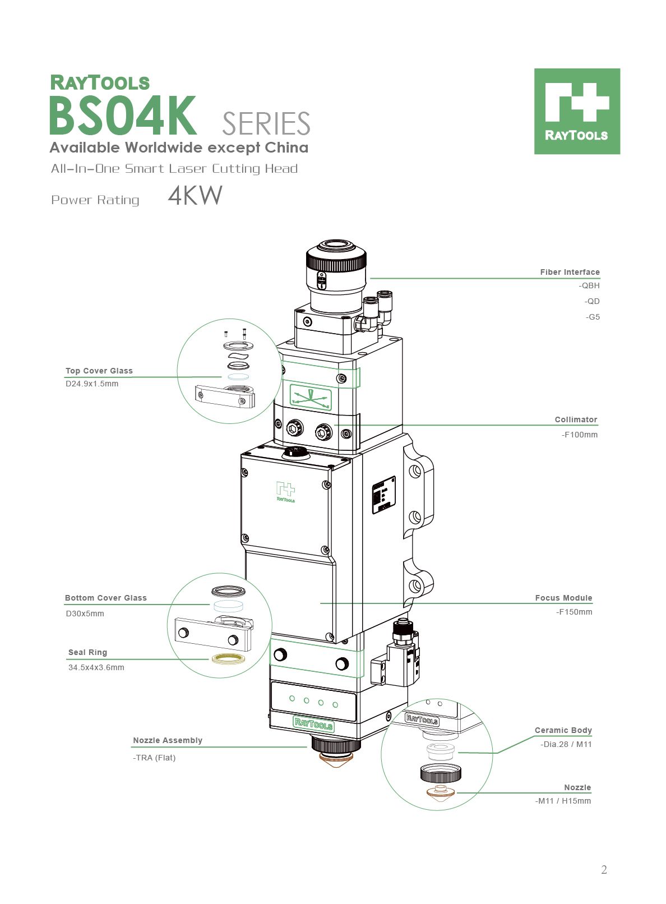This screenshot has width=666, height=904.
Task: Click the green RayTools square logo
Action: click(577, 111)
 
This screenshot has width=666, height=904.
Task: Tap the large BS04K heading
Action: click(123, 116)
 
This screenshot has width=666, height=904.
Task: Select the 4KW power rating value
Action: click(195, 196)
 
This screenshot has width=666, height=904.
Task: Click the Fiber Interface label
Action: click(570, 272)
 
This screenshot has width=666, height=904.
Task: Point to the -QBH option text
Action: click(589, 285)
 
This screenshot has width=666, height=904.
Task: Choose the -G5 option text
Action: click(593, 317)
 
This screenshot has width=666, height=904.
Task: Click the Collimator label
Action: click(576, 419)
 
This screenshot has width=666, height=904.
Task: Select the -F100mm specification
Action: click(580, 435)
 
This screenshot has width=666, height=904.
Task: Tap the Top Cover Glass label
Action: click(99, 371)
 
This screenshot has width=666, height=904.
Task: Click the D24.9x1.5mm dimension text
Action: click(92, 384)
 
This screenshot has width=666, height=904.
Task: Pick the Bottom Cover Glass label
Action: click(106, 598)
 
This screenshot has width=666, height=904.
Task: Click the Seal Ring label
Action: click(87, 652)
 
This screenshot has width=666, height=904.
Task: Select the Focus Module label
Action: click(563, 598)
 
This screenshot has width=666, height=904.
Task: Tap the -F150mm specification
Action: click(574, 612)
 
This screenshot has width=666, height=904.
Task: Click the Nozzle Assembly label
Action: click(168, 740)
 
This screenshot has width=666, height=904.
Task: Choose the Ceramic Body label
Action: click(563, 730)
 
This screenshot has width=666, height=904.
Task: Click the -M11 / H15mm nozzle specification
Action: click(563, 801)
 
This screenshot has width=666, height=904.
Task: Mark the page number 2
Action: click(604, 870)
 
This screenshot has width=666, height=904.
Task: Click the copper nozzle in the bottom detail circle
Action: click(441, 792)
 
